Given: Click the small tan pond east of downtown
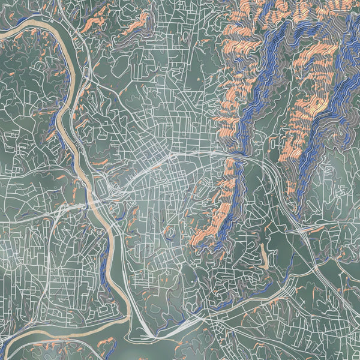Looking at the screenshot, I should (263, 259).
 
